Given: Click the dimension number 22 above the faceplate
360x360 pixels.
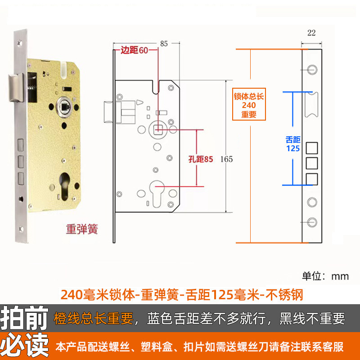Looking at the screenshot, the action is (311, 32).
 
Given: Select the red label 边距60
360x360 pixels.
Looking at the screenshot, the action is (134, 50).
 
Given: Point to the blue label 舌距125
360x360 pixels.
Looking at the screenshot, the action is (292, 144).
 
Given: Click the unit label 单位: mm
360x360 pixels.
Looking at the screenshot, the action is (325, 275).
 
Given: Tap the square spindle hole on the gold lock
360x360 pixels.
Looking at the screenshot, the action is (64, 107).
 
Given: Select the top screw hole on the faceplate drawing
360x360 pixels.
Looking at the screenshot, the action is (311, 68).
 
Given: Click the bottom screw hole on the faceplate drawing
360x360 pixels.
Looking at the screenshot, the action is (311, 221).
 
